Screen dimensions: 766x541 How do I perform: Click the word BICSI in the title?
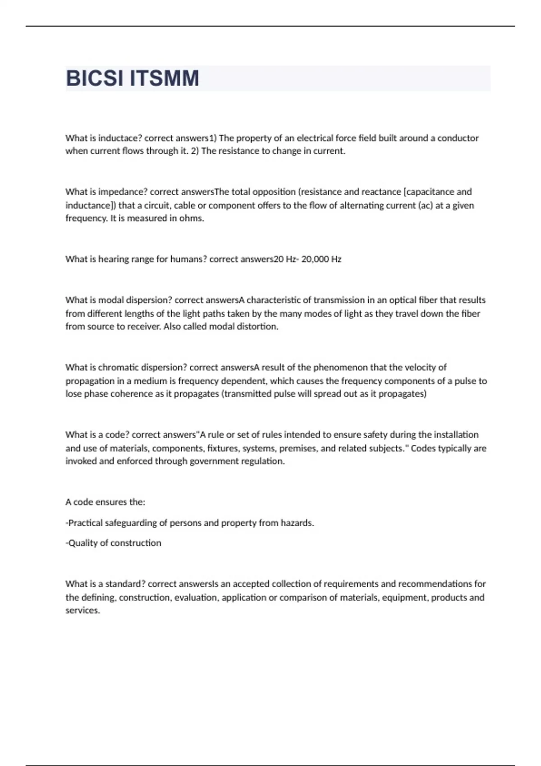(94, 78)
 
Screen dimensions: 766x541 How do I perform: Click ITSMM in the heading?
(165, 78)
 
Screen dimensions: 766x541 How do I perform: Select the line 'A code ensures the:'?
(105, 502)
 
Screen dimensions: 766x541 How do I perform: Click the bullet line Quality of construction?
(114, 543)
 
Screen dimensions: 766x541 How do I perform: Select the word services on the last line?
(83, 611)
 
